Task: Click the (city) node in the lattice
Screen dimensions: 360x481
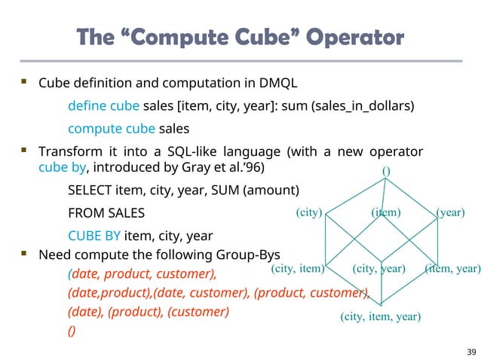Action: tap(309, 212)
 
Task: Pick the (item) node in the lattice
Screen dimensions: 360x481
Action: tap(386, 212)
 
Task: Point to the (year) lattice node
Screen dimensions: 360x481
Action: tap(450, 212)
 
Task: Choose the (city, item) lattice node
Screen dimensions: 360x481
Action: tap(297, 267)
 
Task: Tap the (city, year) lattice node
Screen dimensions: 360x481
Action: tap(378, 267)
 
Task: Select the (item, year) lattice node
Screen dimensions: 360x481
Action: tap(452, 267)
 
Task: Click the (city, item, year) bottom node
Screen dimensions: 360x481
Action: tap(380, 316)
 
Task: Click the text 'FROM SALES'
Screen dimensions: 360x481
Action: tap(106, 212)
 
